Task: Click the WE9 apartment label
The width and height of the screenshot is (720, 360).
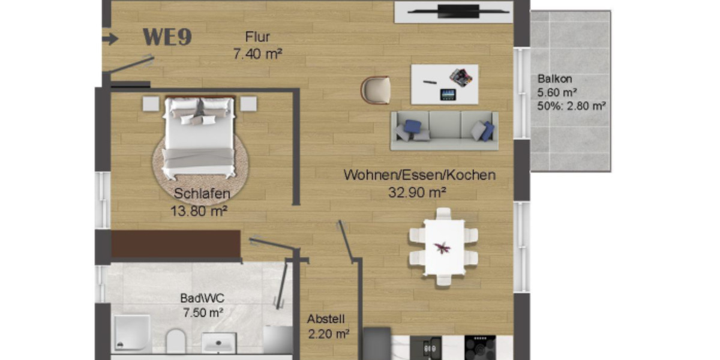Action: [x=167, y=37]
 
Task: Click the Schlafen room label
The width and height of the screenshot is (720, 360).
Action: [x=202, y=194]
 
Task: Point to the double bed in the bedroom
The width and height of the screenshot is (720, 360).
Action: [x=199, y=136]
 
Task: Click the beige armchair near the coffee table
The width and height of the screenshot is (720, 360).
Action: [x=376, y=90]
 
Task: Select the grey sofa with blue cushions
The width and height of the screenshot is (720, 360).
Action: [x=445, y=130]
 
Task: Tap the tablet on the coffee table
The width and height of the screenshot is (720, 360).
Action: [x=448, y=94]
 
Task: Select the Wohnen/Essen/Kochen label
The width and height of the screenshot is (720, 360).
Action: [x=419, y=175]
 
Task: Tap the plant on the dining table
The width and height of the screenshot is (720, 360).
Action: [x=443, y=247]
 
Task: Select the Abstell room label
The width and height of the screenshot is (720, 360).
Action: [x=326, y=319]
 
